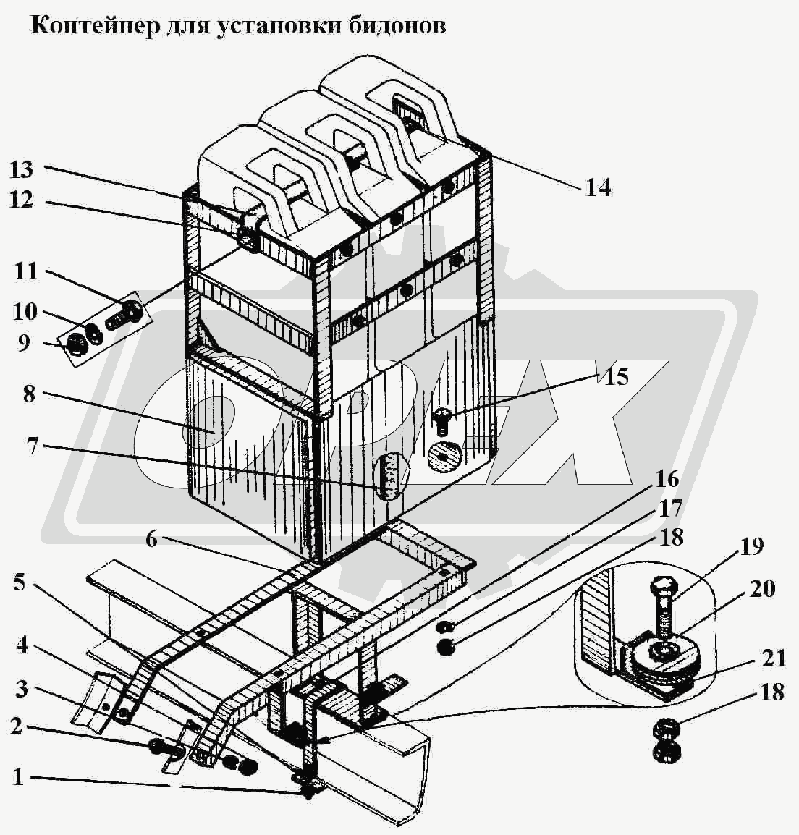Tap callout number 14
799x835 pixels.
point(598,188)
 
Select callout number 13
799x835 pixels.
point(22,170)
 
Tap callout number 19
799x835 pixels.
point(751,547)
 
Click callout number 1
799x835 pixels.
point(19,778)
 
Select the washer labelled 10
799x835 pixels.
point(94,333)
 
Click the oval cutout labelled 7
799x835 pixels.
point(389,475)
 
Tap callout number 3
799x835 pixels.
point(22,689)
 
